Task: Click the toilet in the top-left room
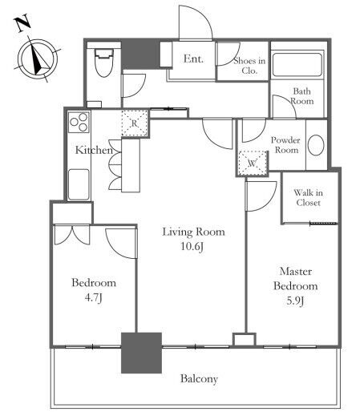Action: coord(103,63)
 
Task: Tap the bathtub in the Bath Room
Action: coord(297,65)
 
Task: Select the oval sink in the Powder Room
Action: coord(316,145)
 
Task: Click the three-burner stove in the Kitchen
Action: coord(79,123)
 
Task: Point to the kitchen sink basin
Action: coord(79,184)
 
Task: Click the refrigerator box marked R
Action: coord(134,123)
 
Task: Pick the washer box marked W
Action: coord(253,164)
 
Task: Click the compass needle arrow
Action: coord(38,57)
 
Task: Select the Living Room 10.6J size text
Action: coord(192,246)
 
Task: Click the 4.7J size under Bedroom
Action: coord(93,297)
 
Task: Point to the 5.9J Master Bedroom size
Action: coord(295,301)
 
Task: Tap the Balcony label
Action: coord(199,378)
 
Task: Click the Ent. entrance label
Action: coord(193,59)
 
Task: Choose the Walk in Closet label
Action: coord(308,197)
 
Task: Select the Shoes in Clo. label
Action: coord(249,66)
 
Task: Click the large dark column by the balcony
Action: coord(141,353)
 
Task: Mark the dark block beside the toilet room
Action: coord(140,55)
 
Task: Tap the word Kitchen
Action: coord(94,150)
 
